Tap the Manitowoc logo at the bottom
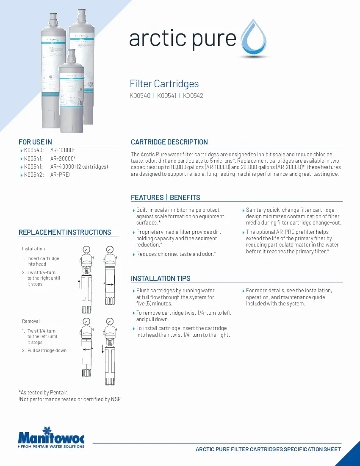pos(51,436)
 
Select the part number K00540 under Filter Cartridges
pos(140,96)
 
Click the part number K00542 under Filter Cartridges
pos(193,96)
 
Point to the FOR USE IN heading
pos(35,142)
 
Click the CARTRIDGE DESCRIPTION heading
pos(169,142)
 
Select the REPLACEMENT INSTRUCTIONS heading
pos(65,232)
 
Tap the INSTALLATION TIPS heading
pos(161,278)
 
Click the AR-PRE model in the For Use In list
pos(59,175)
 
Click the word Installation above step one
pos(33,249)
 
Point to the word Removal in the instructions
pos(31,321)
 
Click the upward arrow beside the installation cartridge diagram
pos(79,283)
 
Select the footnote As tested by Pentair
pos(43,393)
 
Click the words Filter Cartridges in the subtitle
pos(164,84)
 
